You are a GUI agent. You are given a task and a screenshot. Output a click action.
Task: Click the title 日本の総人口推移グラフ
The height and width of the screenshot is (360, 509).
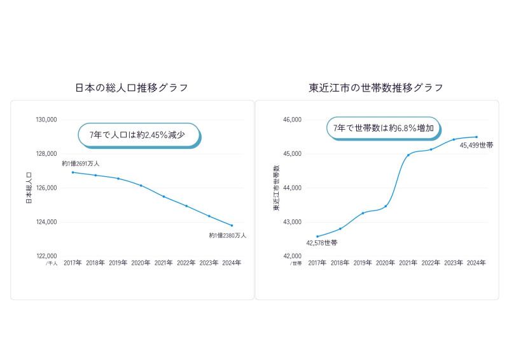point(132,88)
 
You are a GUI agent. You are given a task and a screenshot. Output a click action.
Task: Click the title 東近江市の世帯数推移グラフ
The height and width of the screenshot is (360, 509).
point(376,88)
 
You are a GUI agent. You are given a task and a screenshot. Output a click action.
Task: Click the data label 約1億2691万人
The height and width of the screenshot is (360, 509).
point(81,163)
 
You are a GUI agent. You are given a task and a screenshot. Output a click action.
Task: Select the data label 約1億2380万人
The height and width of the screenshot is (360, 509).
point(227,235)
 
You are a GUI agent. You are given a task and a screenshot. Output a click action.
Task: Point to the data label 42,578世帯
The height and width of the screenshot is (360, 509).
point(322,243)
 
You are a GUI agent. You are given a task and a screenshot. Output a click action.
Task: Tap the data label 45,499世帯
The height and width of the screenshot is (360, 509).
point(476,146)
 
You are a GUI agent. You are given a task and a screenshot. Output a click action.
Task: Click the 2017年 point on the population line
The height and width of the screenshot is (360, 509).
point(73,172)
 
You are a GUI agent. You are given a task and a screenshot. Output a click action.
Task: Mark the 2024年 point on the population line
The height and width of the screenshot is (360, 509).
point(232,225)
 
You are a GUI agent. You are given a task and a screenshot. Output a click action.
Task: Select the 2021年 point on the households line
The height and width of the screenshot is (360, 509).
point(408,155)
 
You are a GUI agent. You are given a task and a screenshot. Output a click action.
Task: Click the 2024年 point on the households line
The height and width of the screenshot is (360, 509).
point(477,137)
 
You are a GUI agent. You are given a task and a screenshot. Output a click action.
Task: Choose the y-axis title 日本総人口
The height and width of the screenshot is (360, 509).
point(29,188)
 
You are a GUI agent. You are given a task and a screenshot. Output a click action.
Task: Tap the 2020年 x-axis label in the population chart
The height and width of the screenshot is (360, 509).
point(141,263)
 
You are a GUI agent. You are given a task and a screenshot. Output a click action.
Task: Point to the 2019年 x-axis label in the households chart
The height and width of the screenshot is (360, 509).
point(363,263)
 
